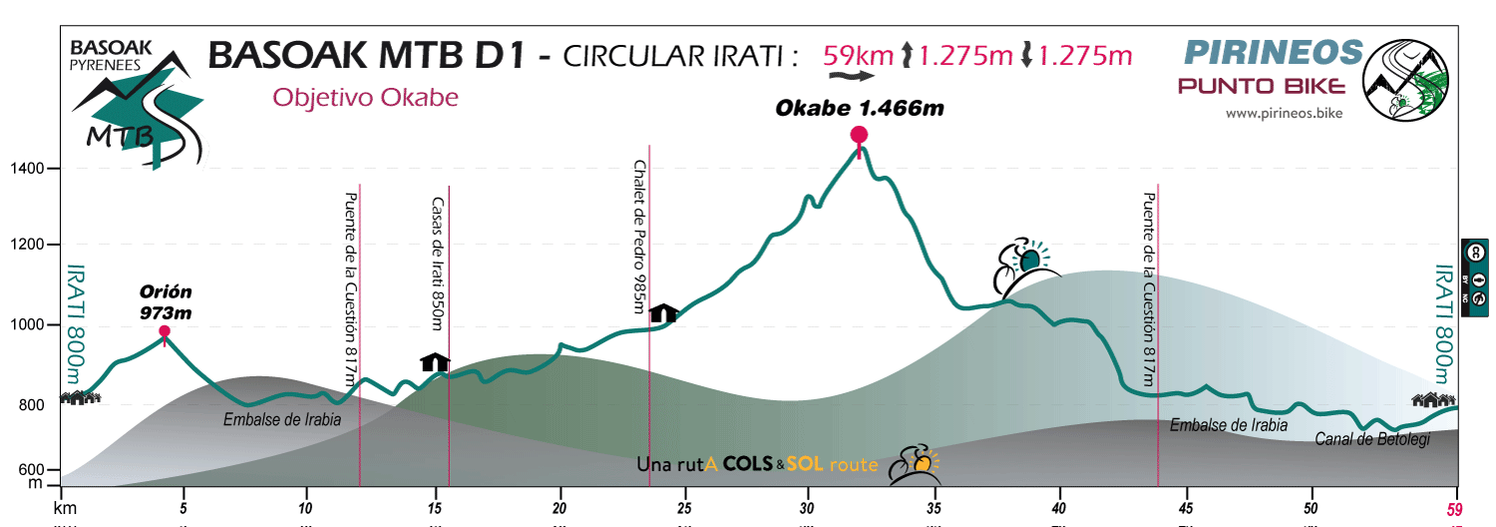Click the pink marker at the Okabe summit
pos(859,135)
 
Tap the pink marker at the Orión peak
pos(165,331)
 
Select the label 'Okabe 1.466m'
pos(860,108)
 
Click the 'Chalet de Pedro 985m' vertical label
pos(639,236)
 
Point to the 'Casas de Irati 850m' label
pos(437,263)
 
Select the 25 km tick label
pos(684,506)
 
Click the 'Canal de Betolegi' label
pos(1372,439)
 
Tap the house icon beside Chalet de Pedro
pos(663,313)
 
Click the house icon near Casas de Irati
pos(436,361)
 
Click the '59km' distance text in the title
pos(858,55)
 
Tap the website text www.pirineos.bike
pos(1284,114)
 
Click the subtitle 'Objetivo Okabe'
pos(365,98)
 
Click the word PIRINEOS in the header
pos(1273,51)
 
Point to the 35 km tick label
pos(934,506)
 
